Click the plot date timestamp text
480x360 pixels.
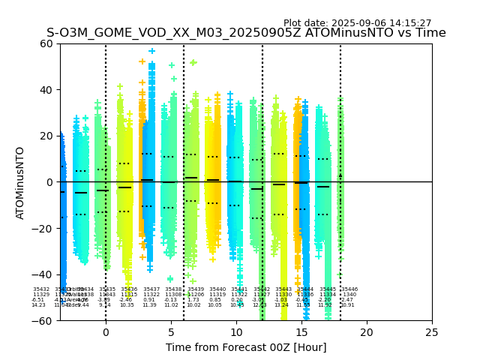pos(357,23)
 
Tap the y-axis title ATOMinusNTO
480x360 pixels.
pos(20,182)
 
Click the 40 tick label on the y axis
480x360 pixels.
pos(46,90)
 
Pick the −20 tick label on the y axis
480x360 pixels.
pos(43,229)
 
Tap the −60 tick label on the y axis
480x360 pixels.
pos(43,321)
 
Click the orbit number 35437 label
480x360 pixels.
pos(151,289)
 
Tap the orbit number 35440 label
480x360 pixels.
pos(217,289)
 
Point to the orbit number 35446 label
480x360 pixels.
pos(349,289)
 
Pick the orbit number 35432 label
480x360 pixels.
pos(41,289)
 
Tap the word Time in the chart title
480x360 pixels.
pos(431,34)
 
